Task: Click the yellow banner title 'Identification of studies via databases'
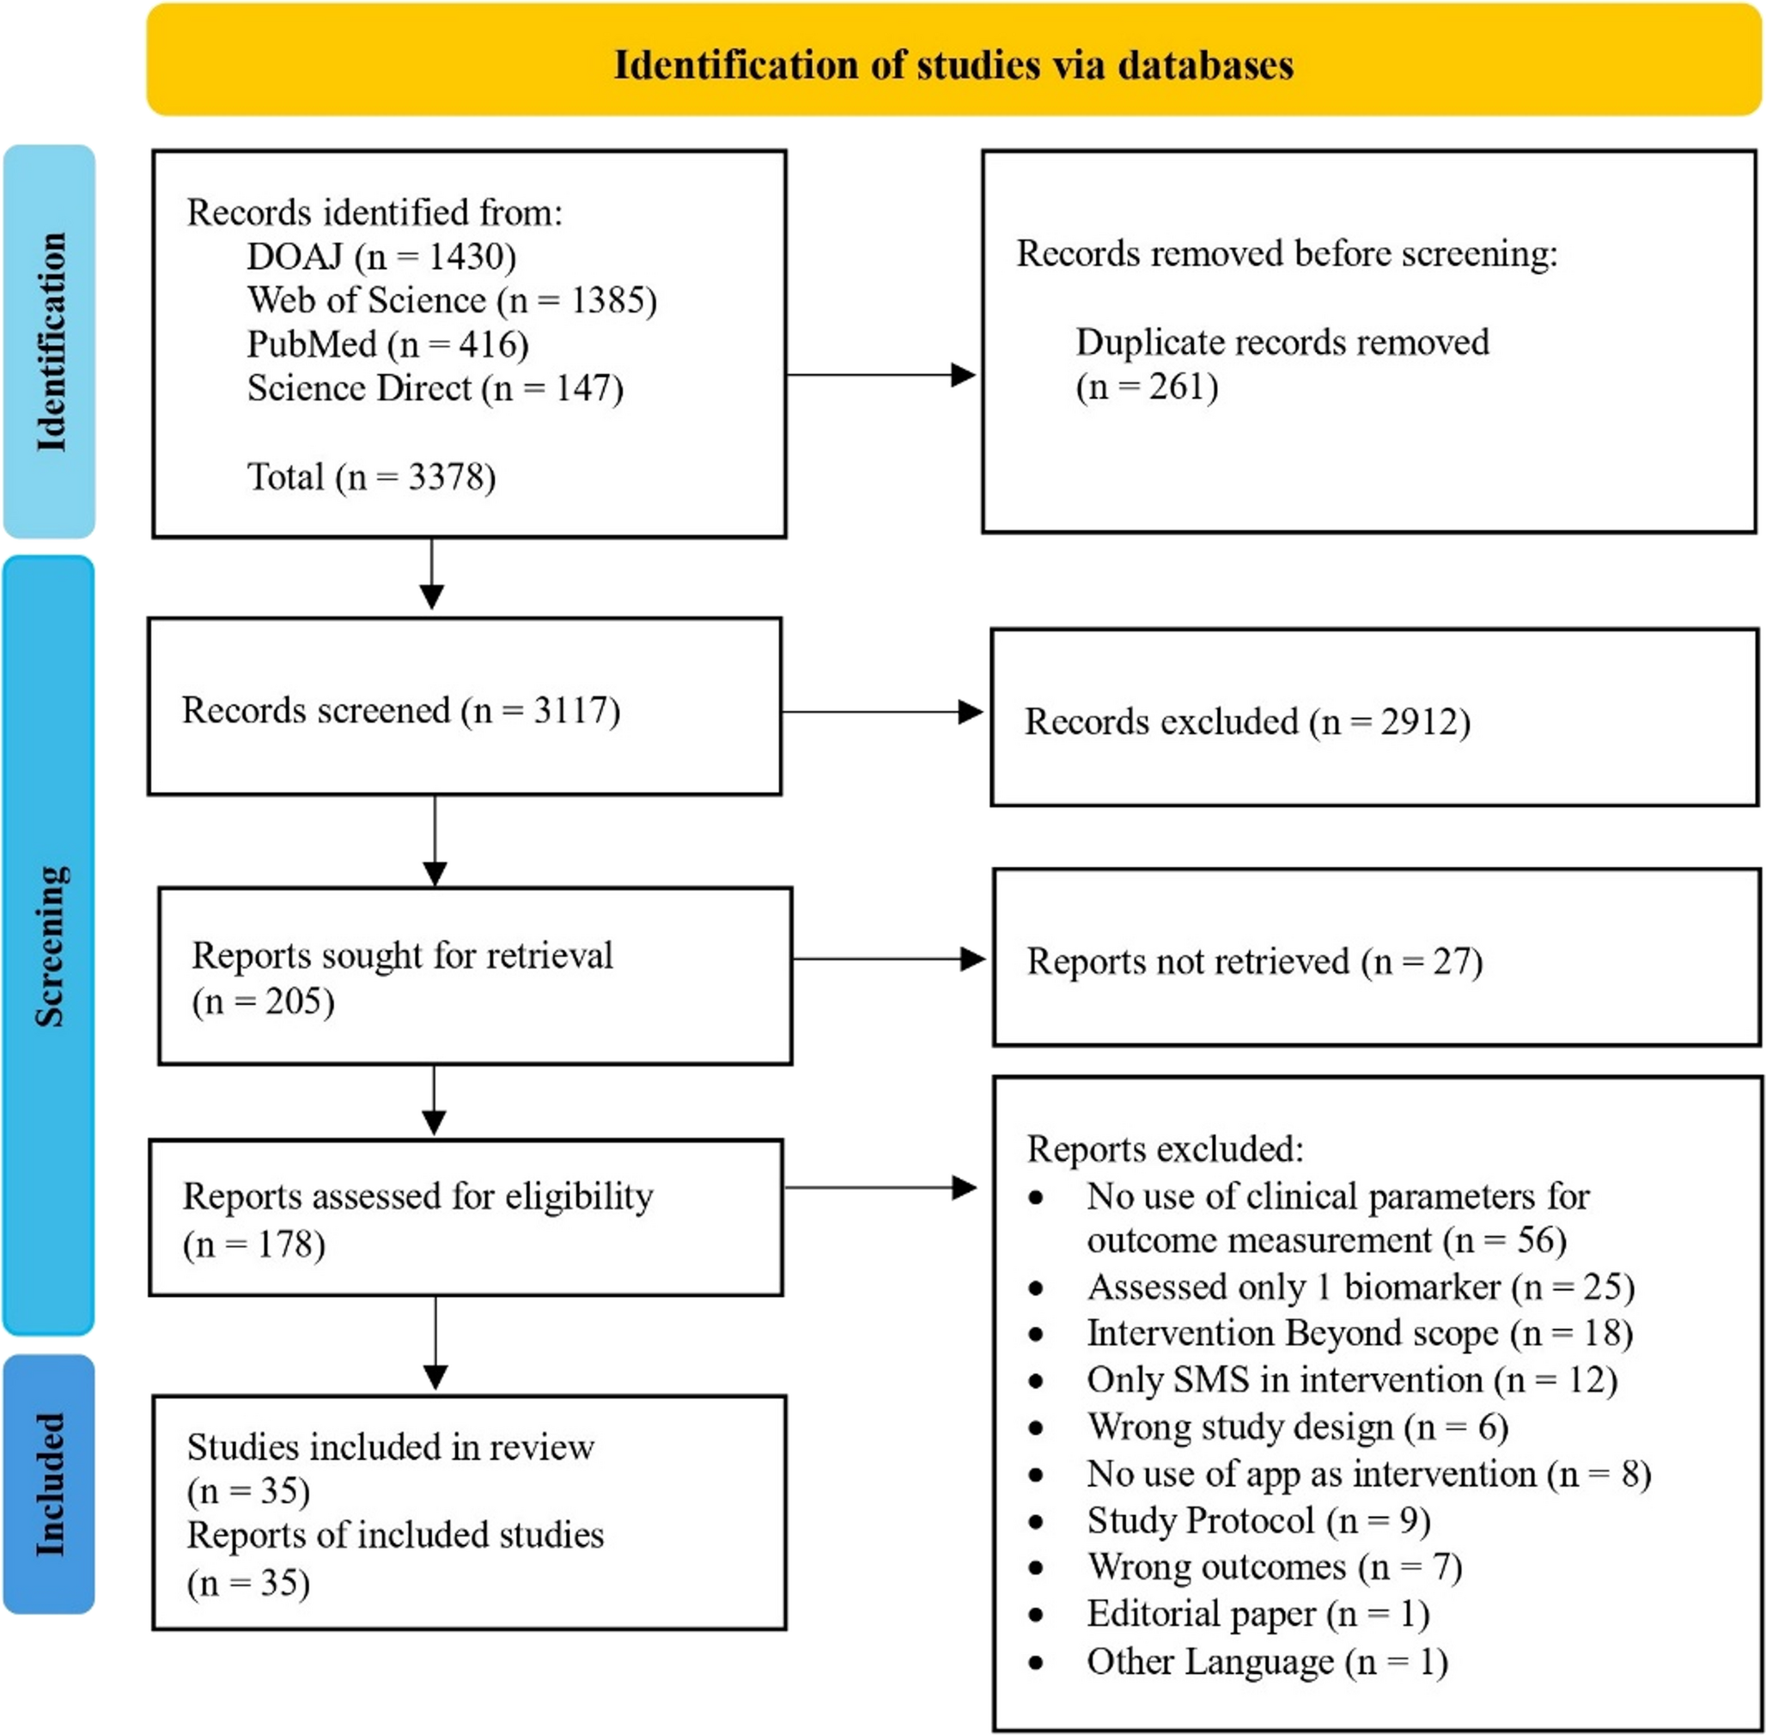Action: (x=953, y=64)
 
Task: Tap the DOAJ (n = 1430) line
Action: (x=381, y=257)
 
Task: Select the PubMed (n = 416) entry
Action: (x=387, y=344)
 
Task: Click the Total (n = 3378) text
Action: (x=371, y=477)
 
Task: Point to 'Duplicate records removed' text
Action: (x=1282, y=343)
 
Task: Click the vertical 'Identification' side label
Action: (x=51, y=342)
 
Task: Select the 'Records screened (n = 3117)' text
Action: (x=401, y=709)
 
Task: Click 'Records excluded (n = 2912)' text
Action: (x=1246, y=721)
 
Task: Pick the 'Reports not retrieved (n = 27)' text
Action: (x=1254, y=961)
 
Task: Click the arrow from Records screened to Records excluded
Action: (x=881, y=712)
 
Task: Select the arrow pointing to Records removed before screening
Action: (x=880, y=374)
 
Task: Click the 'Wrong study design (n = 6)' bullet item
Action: (x=1297, y=1427)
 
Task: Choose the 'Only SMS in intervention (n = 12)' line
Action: (x=1351, y=1379)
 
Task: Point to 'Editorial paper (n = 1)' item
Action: (x=1258, y=1613)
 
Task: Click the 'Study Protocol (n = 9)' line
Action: (x=1258, y=1520)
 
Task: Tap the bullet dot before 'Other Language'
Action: (x=1035, y=1662)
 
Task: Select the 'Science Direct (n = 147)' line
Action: (x=435, y=388)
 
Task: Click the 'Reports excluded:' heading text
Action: (x=1165, y=1149)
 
